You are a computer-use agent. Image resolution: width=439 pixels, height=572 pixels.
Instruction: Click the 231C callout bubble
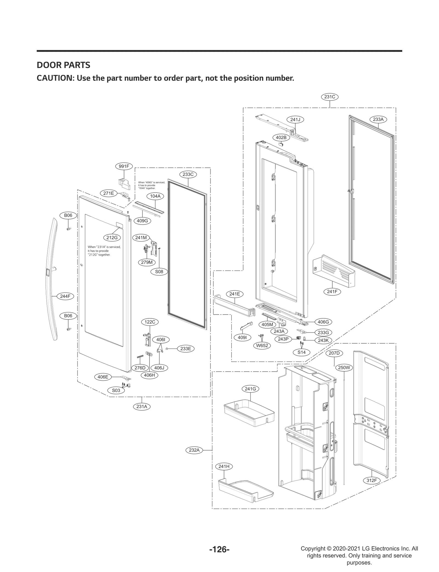coord(330,97)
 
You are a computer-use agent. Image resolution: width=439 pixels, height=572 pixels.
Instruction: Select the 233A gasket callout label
coord(378,119)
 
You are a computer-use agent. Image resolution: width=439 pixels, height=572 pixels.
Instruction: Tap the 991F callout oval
coord(124,166)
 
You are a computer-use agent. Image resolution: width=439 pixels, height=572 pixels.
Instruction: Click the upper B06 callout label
coord(68,215)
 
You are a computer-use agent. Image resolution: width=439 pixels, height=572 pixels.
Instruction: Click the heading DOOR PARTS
coord(63,65)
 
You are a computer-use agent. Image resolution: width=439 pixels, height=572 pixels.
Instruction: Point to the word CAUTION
coord(54,78)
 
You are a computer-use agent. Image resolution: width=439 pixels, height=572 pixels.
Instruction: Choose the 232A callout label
coord(194,450)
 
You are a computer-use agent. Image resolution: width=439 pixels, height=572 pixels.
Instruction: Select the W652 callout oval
coord(262,346)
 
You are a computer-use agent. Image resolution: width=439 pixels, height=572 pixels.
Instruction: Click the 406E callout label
coord(103,377)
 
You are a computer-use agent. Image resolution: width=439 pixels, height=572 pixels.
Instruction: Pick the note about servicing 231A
coord(104,251)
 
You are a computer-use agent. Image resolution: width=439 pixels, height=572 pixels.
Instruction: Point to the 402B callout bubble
coord(281,137)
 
